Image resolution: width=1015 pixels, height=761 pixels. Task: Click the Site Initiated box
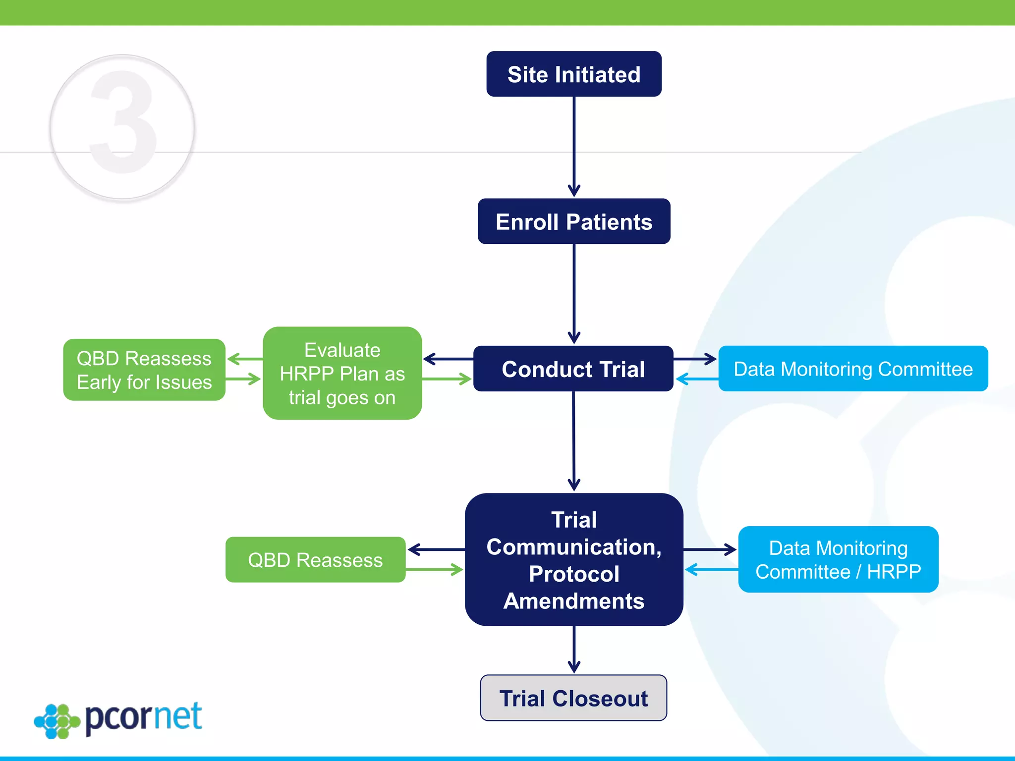573,74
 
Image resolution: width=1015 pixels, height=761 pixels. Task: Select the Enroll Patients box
573,221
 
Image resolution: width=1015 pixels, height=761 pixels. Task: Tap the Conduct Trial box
573,369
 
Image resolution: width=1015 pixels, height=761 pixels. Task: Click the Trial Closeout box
573,698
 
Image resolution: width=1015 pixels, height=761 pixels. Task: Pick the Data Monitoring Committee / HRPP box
838,560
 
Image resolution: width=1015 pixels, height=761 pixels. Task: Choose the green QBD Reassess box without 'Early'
315,560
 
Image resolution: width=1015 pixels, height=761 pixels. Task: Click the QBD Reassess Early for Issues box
144,370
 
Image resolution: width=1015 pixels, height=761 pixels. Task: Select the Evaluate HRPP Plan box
342,374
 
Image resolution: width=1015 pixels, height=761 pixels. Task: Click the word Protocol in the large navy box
573,574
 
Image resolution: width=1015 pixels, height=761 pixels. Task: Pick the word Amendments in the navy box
573,601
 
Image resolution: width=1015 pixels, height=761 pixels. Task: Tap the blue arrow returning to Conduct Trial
697,380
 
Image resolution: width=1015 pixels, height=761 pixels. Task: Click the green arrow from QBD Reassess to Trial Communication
434,570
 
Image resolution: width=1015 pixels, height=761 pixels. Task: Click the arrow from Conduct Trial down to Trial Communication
573,441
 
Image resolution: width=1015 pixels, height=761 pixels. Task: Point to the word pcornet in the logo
144,717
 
